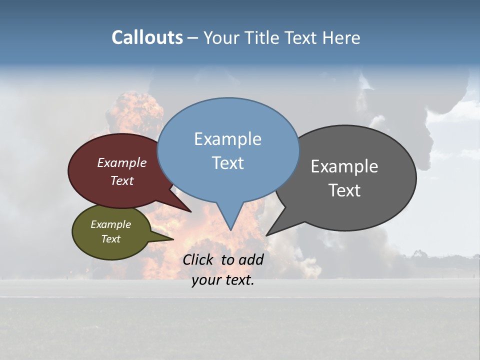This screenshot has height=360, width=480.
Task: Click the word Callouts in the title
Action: pos(147,37)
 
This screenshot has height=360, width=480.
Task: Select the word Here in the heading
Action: pos(341,37)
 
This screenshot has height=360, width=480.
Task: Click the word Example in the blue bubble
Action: pos(227,139)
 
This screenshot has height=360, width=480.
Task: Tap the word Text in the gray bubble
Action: pos(344,190)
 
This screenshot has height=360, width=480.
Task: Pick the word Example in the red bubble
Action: pos(121,162)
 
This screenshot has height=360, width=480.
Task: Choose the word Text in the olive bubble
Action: pos(110,239)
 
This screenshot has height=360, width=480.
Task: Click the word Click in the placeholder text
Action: pos(198,259)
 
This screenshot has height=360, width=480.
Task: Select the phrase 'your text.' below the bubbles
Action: pos(222,280)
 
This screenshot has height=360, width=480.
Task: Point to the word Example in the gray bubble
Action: pos(344,166)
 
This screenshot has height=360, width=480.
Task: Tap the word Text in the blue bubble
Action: pos(227,163)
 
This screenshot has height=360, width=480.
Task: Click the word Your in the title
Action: pos(220,37)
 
